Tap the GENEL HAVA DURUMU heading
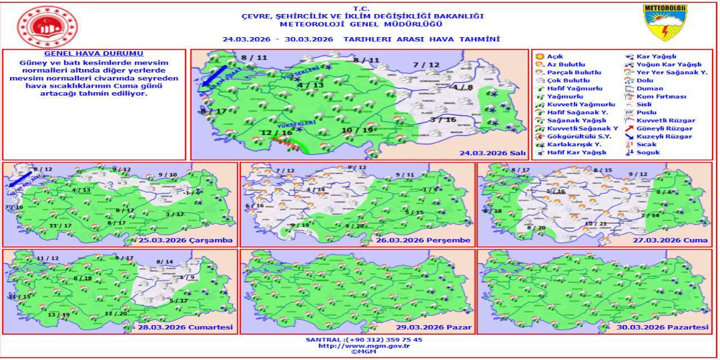click(94, 53)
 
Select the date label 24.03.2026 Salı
click(492, 152)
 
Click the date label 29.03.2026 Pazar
click(439, 327)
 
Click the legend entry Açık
click(555, 57)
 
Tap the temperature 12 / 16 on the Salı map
click(277, 133)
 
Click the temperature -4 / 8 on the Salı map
click(462, 87)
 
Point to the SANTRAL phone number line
click(363, 340)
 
